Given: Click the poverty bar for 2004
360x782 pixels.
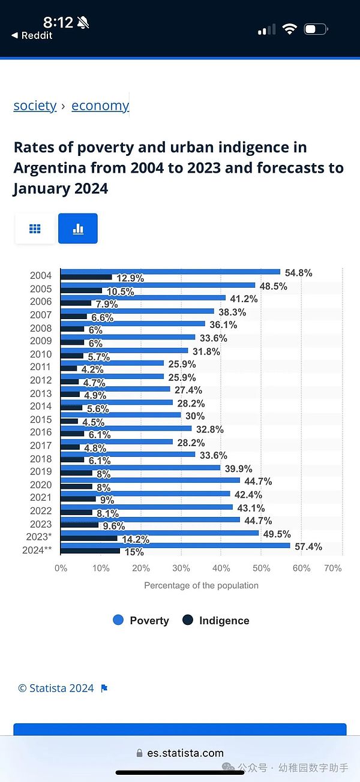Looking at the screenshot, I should click(x=171, y=272).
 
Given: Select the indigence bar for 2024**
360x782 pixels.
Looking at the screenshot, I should click(x=90, y=551).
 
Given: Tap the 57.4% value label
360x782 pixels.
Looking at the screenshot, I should click(x=308, y=546).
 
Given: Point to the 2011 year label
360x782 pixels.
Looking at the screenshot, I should click(x=41, y=367).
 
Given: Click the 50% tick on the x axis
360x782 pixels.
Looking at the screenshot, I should click(x=261, y=568).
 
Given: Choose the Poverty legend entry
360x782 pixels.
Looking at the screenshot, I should click(x=141, y=621).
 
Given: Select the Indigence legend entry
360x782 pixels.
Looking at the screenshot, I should click(x=216, y=621).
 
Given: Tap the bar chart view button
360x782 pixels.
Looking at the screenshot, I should click(x=77, y=228).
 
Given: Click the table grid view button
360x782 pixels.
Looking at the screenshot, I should click(x=35, y=228).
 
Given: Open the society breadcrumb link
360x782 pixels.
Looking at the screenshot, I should click(x=35, y=106).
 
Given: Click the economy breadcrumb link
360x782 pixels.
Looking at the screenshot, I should click(x=100, y=106).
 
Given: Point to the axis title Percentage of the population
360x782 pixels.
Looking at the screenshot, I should click(x=201, y=585).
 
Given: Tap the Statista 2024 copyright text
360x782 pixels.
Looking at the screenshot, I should click(x=56, y=688).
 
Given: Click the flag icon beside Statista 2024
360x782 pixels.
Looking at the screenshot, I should click(x=104, y=688).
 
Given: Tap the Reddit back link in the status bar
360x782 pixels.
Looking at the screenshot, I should click(x=33, y=35).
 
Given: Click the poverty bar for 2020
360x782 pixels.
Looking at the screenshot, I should click(x=151, y=480).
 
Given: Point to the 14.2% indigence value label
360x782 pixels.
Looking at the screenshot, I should click(x=135, y=539).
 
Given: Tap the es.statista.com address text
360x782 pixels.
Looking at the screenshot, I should click(x=185, y=753).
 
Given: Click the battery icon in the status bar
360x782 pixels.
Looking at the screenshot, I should click(x=316, y=29).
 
